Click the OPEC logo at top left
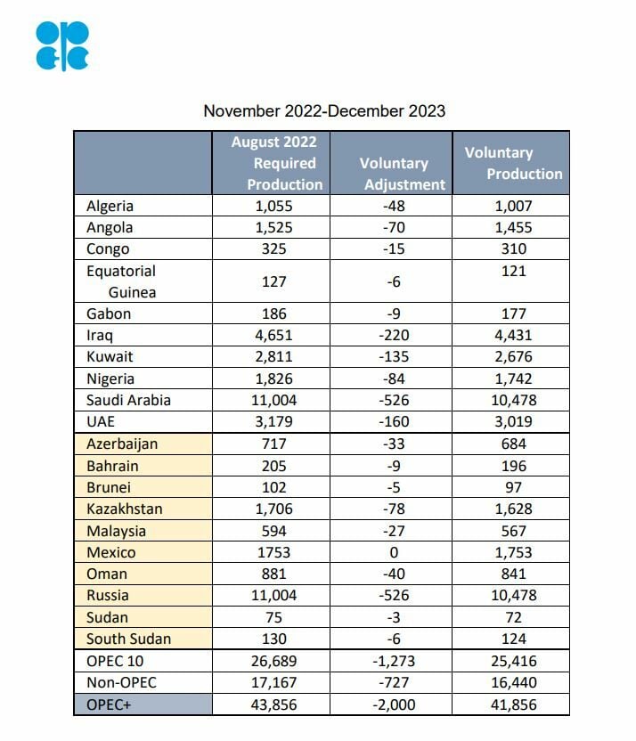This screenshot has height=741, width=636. (62, 45)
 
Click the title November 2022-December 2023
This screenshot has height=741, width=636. (324, 111)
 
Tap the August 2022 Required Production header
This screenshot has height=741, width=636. (274, 163)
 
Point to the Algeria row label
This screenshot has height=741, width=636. (110, 206)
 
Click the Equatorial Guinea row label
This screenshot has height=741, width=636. (120, 281)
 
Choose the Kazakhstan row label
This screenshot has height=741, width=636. (125, 509)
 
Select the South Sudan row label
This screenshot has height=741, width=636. (128, 639)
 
